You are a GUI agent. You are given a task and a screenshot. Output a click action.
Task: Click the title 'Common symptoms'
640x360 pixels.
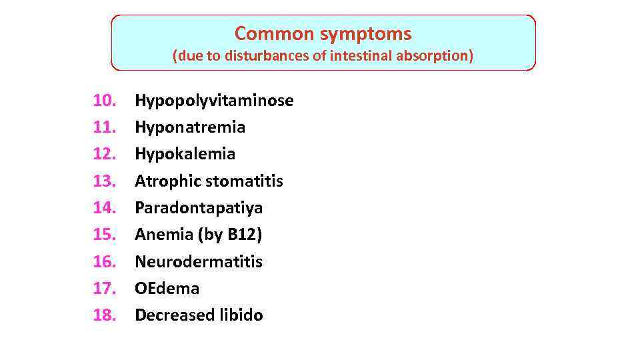(x=323, y=33)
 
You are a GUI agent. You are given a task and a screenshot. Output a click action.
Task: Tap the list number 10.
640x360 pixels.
(x=105, y=101)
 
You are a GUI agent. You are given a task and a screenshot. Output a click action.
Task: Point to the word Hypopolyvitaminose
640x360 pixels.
(x=214, y=101)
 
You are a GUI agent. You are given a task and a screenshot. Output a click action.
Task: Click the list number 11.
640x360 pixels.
(x=105, y=127)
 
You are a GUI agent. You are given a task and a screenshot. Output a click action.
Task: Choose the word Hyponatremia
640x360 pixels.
(x=190, y=127)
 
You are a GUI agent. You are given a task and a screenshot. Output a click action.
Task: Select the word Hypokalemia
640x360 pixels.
(x=185, y=154)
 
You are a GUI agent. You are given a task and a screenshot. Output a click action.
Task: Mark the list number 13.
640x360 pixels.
(x=105, y=181)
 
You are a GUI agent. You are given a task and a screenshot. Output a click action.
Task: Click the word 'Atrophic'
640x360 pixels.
(x=167, y=181)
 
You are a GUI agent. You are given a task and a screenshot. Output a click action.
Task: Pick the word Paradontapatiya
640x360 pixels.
(x=199, y=208)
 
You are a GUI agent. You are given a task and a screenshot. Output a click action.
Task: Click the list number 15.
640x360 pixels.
(x=105, y=235)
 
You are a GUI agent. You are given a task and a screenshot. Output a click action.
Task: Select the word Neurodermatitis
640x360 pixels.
(x=199, y=261)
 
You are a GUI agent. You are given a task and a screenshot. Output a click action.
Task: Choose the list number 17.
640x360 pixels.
(x=105, y=288)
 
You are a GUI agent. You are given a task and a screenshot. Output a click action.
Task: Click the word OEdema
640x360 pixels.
(x=167, y=288)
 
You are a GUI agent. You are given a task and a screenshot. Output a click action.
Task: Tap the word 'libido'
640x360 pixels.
(x=241, y=315)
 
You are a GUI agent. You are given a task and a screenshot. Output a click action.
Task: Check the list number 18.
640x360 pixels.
(x=105, y=315)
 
